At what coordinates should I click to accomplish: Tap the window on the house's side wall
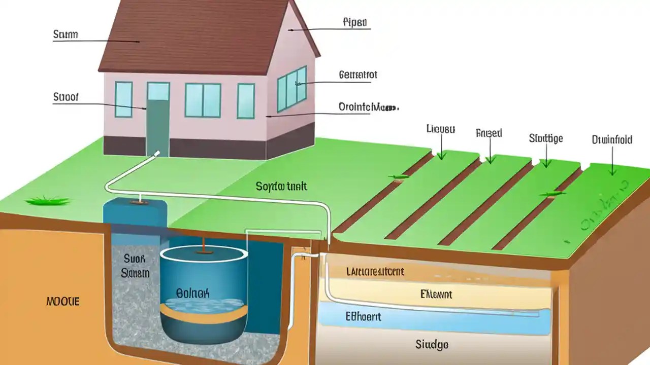292,88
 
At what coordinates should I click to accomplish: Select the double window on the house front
203,100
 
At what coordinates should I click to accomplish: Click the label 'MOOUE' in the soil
63,302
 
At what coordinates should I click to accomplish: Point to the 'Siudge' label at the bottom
432,345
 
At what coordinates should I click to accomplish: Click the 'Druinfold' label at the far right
612,139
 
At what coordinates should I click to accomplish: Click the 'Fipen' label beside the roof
355,22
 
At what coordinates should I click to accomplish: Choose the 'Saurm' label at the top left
66,34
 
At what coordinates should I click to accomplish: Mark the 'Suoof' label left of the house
66,97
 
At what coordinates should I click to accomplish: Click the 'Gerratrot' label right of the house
357,75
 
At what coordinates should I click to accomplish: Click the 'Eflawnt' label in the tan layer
436,294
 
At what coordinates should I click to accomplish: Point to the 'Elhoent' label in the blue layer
363,317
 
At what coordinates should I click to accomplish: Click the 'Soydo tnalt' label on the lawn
281,187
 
